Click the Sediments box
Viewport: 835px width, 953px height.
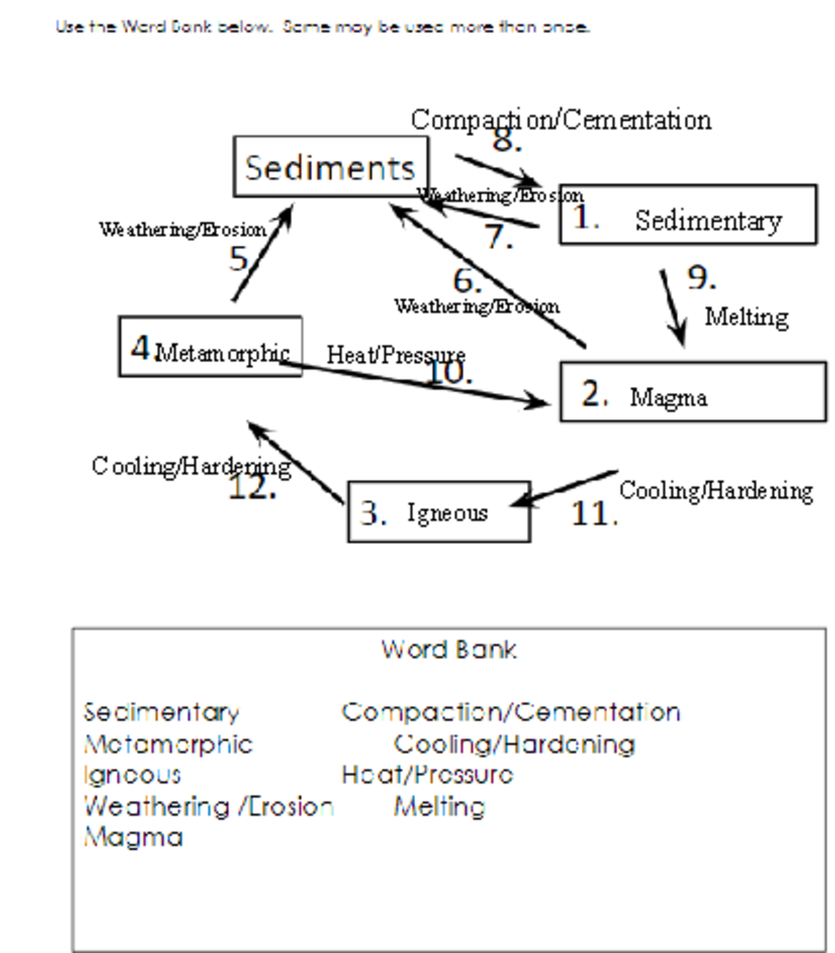[x=331, y=167]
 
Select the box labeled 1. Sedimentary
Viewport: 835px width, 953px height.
[x=687, y=215]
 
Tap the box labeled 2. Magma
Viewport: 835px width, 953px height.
[x=692, y=392]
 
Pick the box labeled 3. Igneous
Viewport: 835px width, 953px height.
[x=438, y=512]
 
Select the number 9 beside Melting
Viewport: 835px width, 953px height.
[x=701, y=277]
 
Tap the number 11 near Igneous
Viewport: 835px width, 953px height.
[x=594, y=514]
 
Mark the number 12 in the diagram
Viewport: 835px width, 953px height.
[x=252, y=488]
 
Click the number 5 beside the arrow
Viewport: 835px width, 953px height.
[x=238, y=259]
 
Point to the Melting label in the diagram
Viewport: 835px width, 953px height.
[x=747, y=317]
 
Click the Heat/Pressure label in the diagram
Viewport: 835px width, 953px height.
[x=395, y=355]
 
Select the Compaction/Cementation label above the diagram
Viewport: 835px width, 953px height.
[x=561, y=120]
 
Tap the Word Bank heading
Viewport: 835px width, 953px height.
[x=449, y=650]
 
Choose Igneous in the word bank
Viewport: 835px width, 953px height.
[x=132, y=774]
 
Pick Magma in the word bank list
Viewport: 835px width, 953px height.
[x=133, y=837]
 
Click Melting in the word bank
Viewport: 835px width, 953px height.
[x=439, y=806]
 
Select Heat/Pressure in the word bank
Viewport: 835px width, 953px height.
[x=427, y=774]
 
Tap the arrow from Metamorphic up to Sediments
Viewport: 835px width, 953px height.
[x=262, y=254]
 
